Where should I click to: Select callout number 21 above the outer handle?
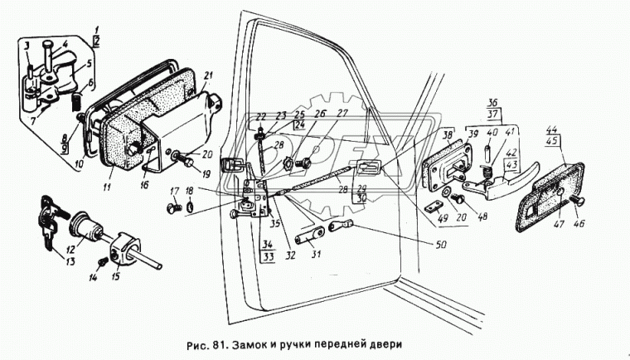click(207, 76)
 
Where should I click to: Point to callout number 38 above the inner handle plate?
click(448, 133)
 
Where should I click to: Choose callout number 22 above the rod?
click(259, 114)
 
